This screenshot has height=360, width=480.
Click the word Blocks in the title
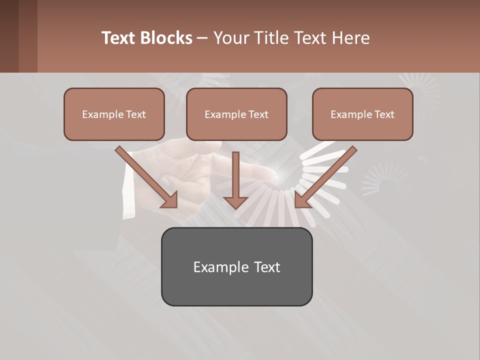click(166, 38)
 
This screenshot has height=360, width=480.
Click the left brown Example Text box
click(114, 114)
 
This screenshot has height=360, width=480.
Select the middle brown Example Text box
click(236, 114)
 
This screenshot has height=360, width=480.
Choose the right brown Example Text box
click(362, 114)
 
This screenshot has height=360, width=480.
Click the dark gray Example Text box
click(236, 267)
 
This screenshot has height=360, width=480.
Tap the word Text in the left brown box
click(135, 114)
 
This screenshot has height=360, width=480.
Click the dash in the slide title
click(203, 38)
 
